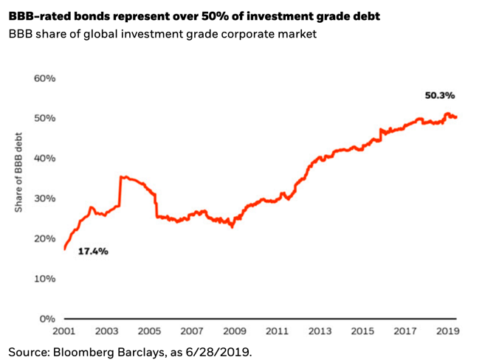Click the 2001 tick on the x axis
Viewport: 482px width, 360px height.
65,331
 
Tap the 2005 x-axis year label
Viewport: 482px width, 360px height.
150,331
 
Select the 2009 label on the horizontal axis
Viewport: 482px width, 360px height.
235,331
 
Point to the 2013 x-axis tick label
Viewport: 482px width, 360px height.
320,331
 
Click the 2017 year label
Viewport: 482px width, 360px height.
404,331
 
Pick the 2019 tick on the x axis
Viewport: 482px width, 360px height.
447,331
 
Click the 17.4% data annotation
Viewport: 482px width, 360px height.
94,252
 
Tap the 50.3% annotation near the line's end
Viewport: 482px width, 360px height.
440,95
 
